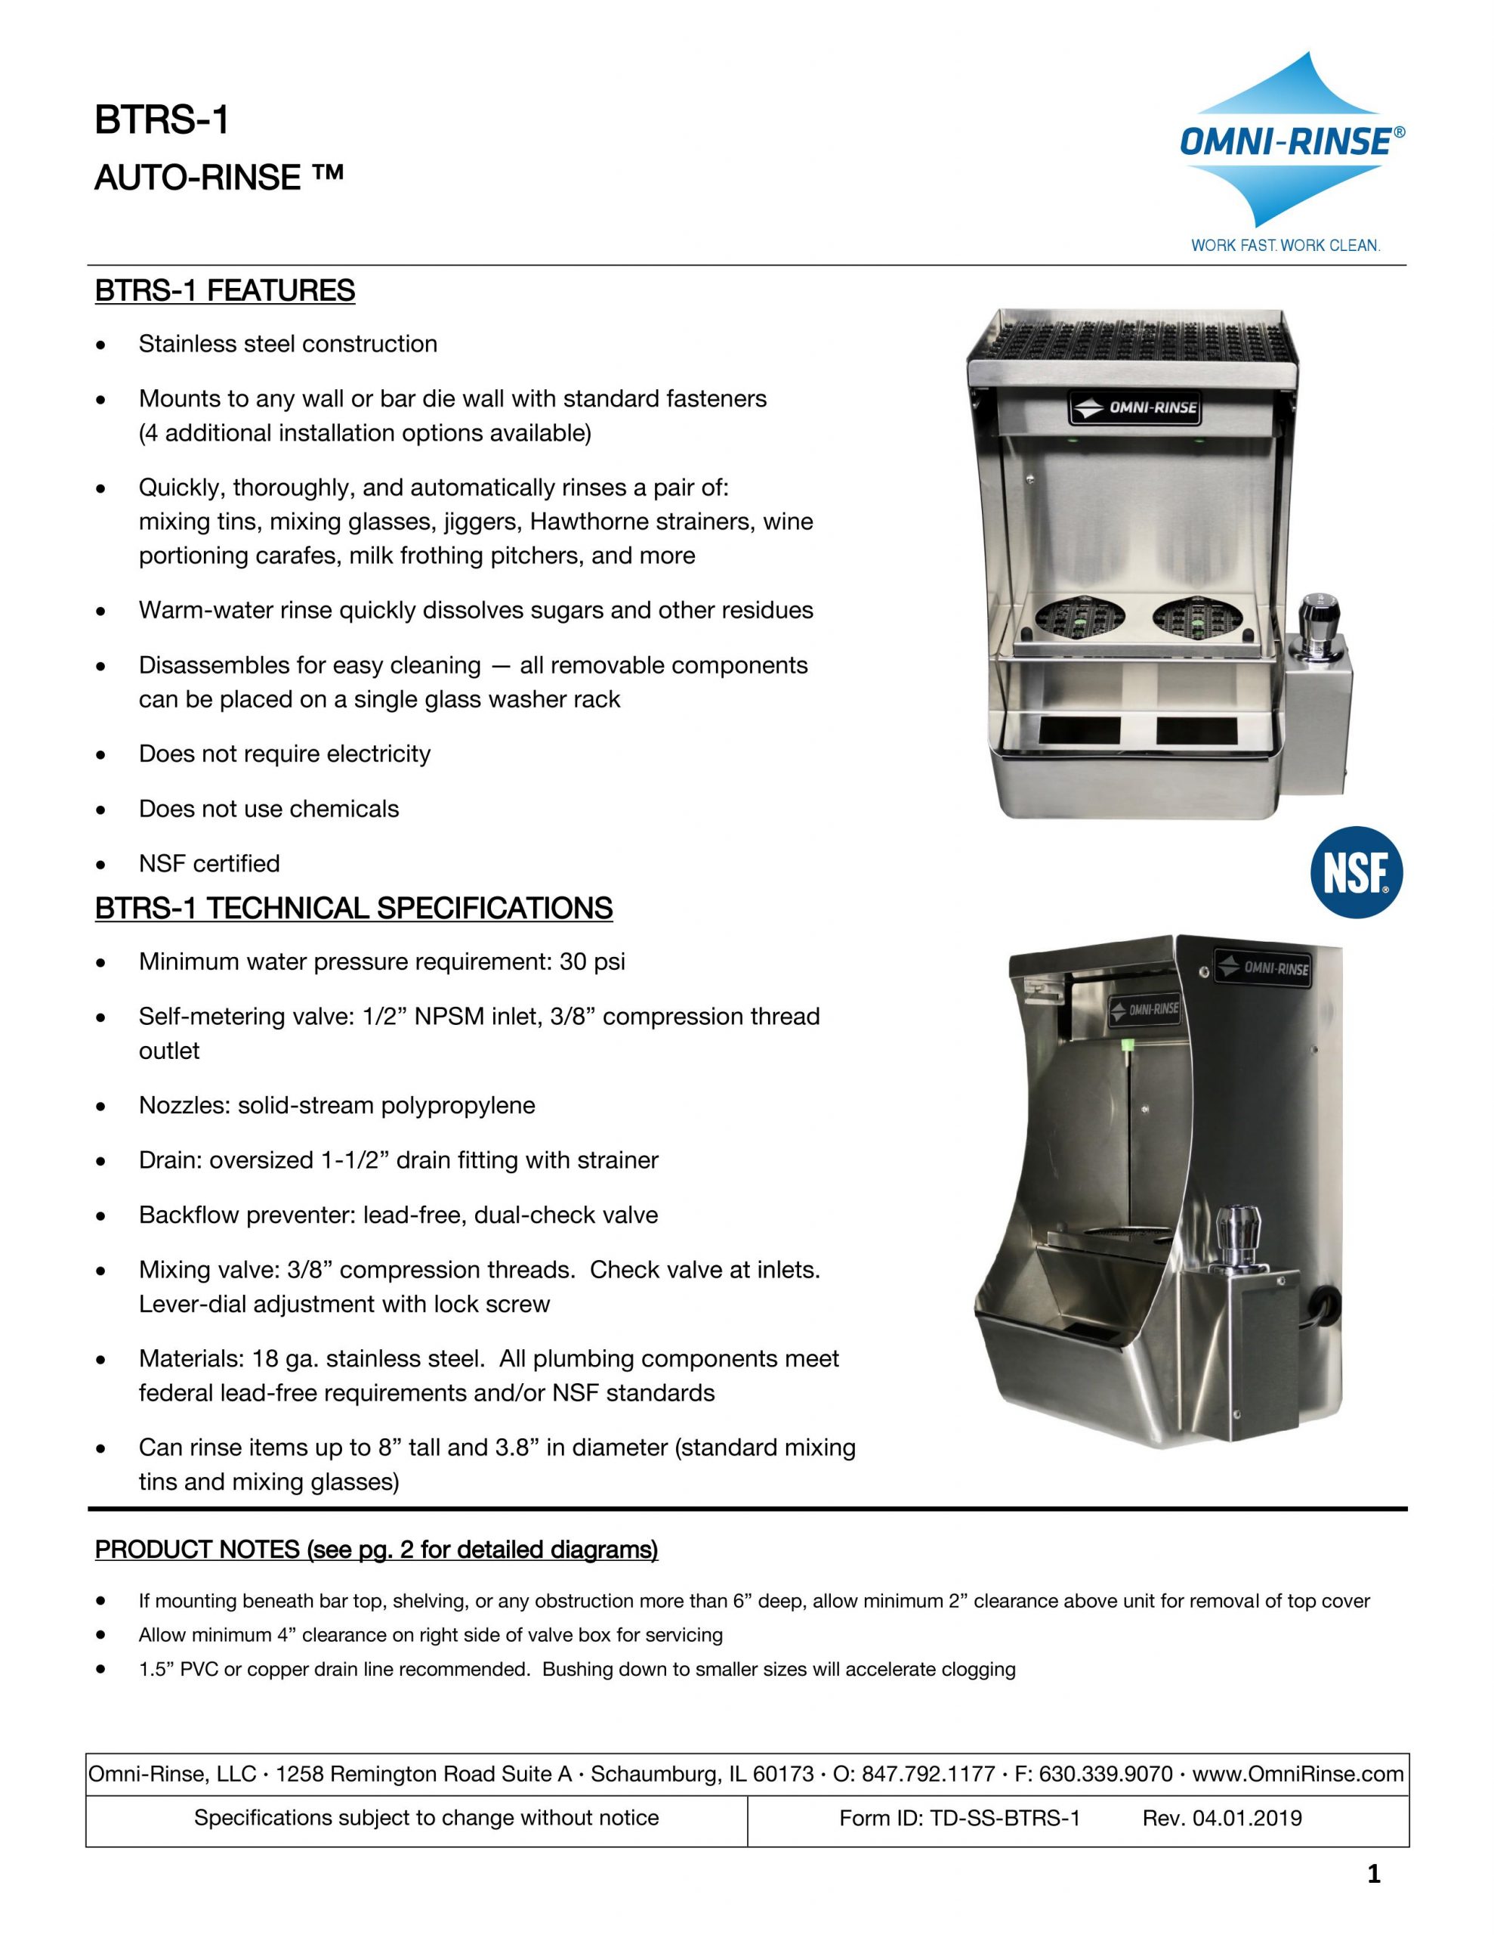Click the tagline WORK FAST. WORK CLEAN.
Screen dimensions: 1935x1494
pos(1285,246)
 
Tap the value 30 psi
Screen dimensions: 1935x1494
pos(591,961)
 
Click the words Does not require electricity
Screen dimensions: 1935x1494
pos(284,754)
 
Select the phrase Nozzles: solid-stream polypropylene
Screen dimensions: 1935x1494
pos(337,1105)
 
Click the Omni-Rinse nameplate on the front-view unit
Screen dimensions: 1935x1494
pos(1135,408)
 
